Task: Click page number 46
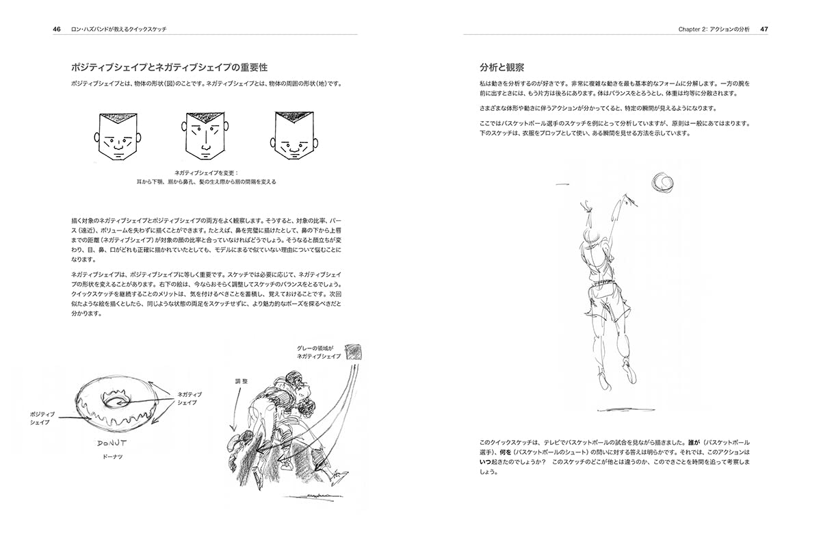pos(57,29)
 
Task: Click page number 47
pos(764,29)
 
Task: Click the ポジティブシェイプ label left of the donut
pos(42,419)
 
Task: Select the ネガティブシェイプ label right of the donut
pos(189,398)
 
